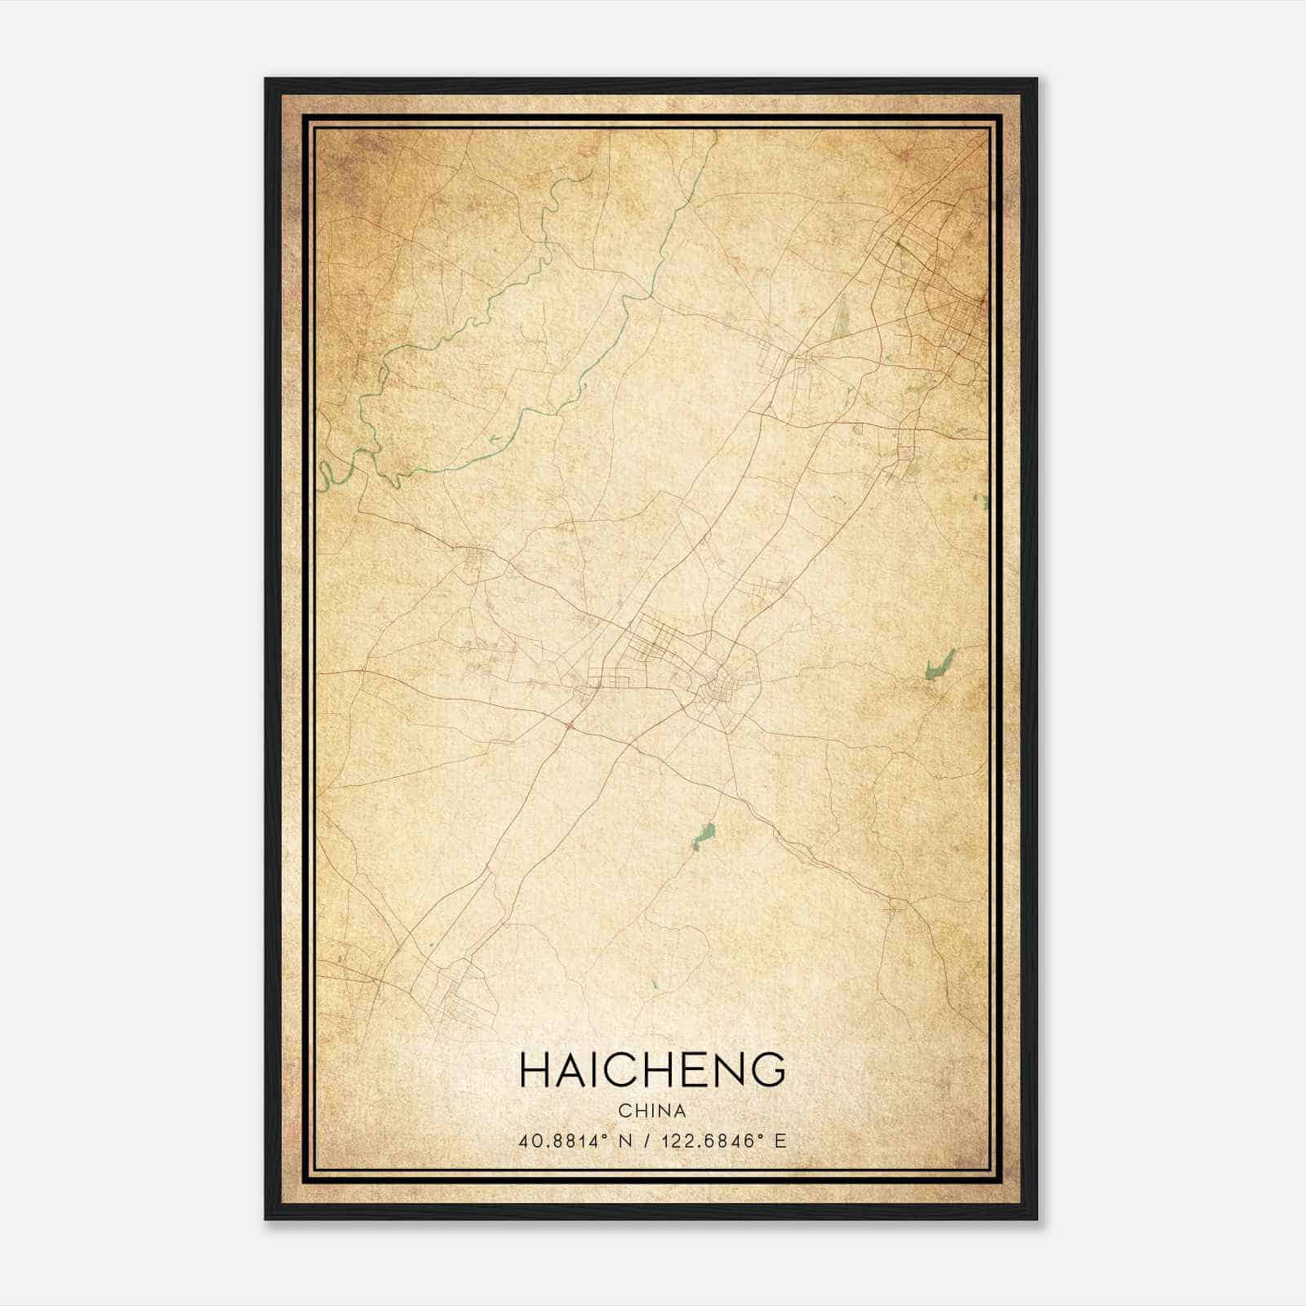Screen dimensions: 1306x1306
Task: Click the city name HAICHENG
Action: (652, 1069)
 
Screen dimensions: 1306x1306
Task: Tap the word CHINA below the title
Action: (652, 1111)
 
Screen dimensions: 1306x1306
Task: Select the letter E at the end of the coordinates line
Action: (780, 1141)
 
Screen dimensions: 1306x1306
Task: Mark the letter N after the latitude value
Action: (625, 1141)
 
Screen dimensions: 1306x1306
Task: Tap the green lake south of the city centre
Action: (704, 836)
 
